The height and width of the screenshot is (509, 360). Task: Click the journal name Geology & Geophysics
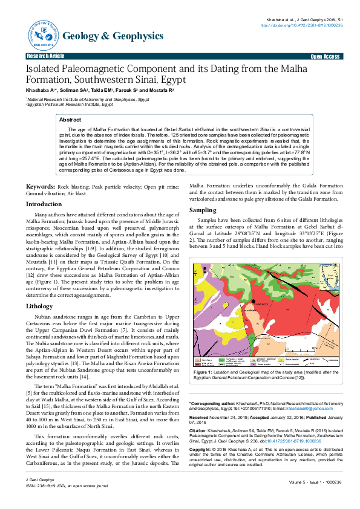pyautogui.click(x=113, y=36)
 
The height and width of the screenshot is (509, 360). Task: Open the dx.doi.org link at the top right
pyautogui.click(x=301, y=25)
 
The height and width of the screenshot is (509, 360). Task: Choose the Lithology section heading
pyautogui.click(x=39, y=306)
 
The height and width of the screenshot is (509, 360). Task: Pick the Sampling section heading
pyautogui.click(x=204, y=209)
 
